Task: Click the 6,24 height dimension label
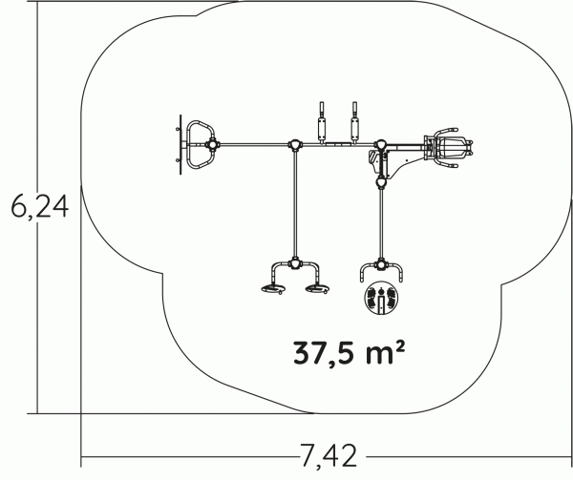pos(40,207)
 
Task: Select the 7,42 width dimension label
pos(329,456)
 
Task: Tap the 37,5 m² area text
pos(349,353)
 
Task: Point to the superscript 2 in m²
pos(400,345)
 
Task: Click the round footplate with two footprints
pos(381,298)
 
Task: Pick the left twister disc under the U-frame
pos(274,289)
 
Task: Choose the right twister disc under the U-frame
pos(318,289)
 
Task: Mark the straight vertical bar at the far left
pos(180,144)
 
